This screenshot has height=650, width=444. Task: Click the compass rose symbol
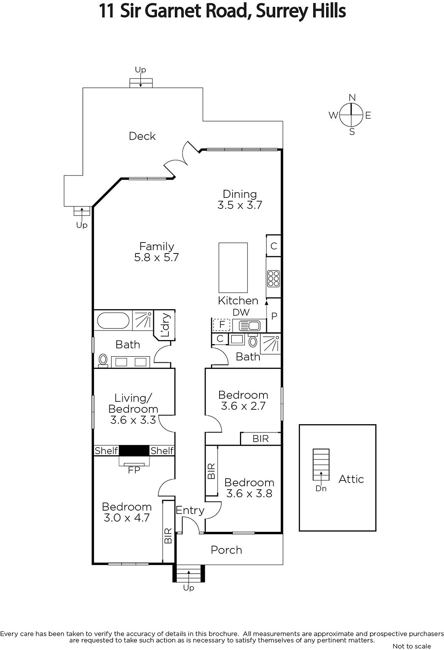pyautogui.click(x=351, y=115)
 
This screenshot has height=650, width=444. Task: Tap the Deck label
pyautogui.click(x=142, y=136)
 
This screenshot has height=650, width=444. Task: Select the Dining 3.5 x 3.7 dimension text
pyautogui.click(x=240, y=205)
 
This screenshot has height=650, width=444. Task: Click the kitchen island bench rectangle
pyautogui.click(x=233, y=268)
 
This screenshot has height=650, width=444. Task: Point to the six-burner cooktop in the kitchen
pyautogui.click(x=273, y=279)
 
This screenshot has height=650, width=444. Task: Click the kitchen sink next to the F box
pyautogui.click(x=249, y=325)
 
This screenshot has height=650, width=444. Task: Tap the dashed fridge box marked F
pyautogui.click(x=222, y=325)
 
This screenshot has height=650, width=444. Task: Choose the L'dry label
pyautogui.click(x=165, y=325)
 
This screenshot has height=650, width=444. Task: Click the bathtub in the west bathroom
pyautogui.click(x=113, y=321)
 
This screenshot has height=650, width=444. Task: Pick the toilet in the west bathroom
pyautogui.click(x=103, y=361)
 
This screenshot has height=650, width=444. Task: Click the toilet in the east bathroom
pyautogui.click(x=253, y=340)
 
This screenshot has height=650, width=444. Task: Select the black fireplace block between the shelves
pyautogui.click(x=134, y=451)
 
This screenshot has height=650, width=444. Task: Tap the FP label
pyautogui.click(x=134, y=470)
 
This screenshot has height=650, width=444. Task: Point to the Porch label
pyautogui.click(x=226, y=550)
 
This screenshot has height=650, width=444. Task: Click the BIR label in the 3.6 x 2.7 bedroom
pyautogui.click(x=261, y=439)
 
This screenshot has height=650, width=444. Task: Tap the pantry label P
pyautogui.click(x=274, y=316)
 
